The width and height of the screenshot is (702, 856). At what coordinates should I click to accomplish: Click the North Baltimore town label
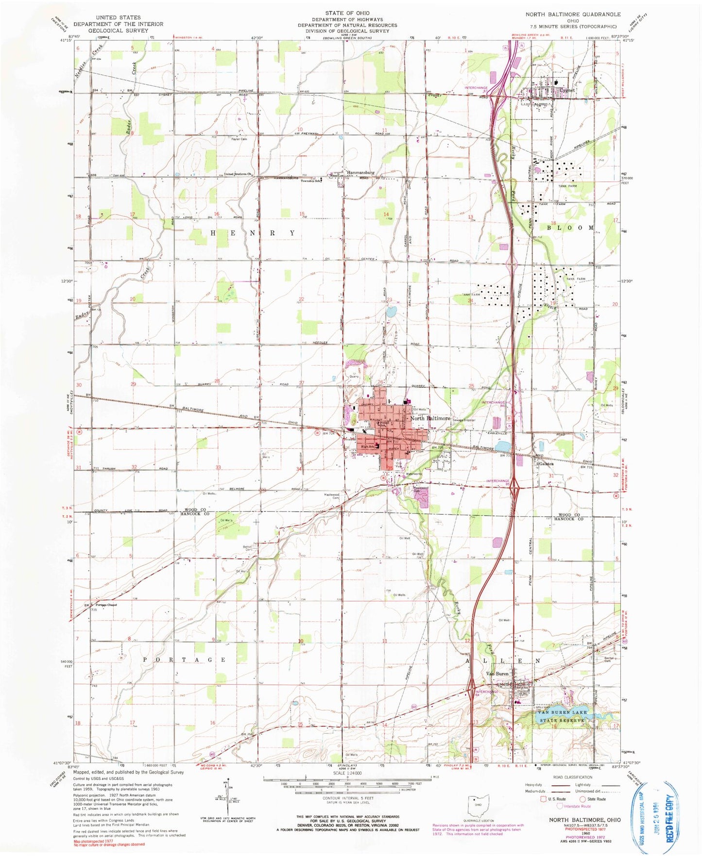(430, 418)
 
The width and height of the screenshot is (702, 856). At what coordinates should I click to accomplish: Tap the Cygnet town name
(566, 90)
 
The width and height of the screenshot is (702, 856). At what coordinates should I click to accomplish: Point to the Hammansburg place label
(360, 172)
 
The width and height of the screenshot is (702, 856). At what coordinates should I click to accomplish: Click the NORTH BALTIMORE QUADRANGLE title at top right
(573, 14)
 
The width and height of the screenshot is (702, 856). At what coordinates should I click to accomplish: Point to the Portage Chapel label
(106, 605)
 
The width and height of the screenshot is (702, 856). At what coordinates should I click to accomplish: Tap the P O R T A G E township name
(185, 660)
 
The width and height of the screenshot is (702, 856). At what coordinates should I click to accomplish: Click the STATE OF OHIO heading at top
(347, 13)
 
